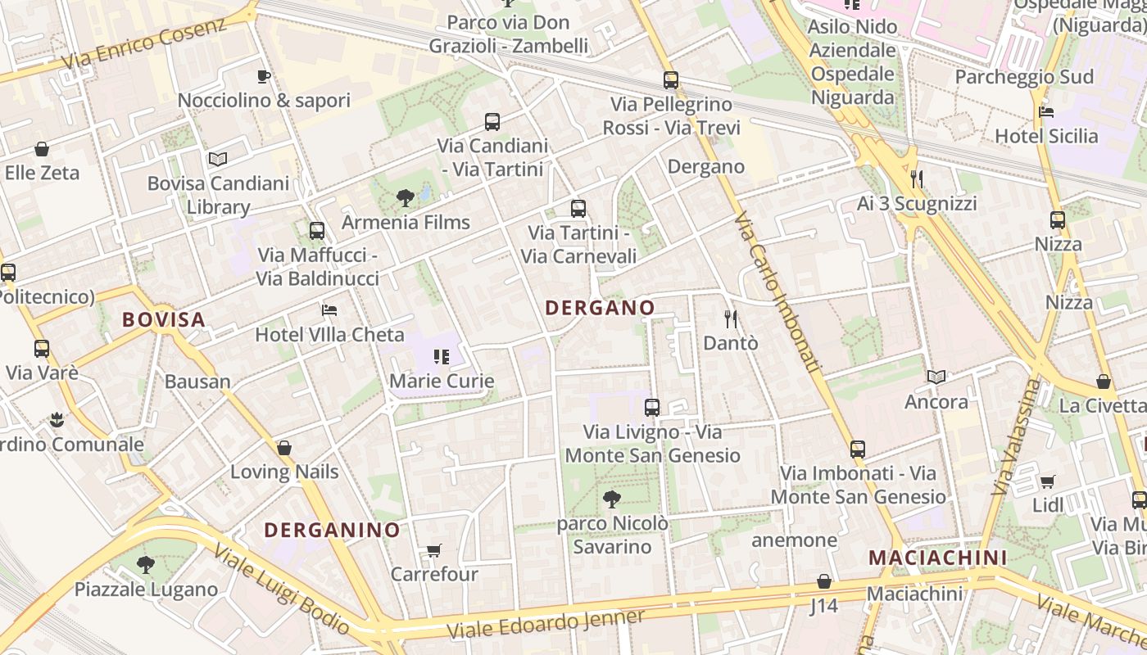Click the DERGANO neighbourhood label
600,308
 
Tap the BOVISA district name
164,319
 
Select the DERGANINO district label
332,530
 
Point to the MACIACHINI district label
937,558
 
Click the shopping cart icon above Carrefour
433,551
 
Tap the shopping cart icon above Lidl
1047,481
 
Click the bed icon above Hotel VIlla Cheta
329,310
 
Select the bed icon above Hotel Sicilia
1045,112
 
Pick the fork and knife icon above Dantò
731,318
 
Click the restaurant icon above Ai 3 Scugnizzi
917,178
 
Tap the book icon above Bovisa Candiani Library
217,159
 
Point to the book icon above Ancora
936,377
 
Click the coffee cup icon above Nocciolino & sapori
264,77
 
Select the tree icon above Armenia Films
405,197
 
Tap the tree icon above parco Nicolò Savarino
611,499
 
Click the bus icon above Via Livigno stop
652,407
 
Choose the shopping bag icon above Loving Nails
284,448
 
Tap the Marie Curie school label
442,381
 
